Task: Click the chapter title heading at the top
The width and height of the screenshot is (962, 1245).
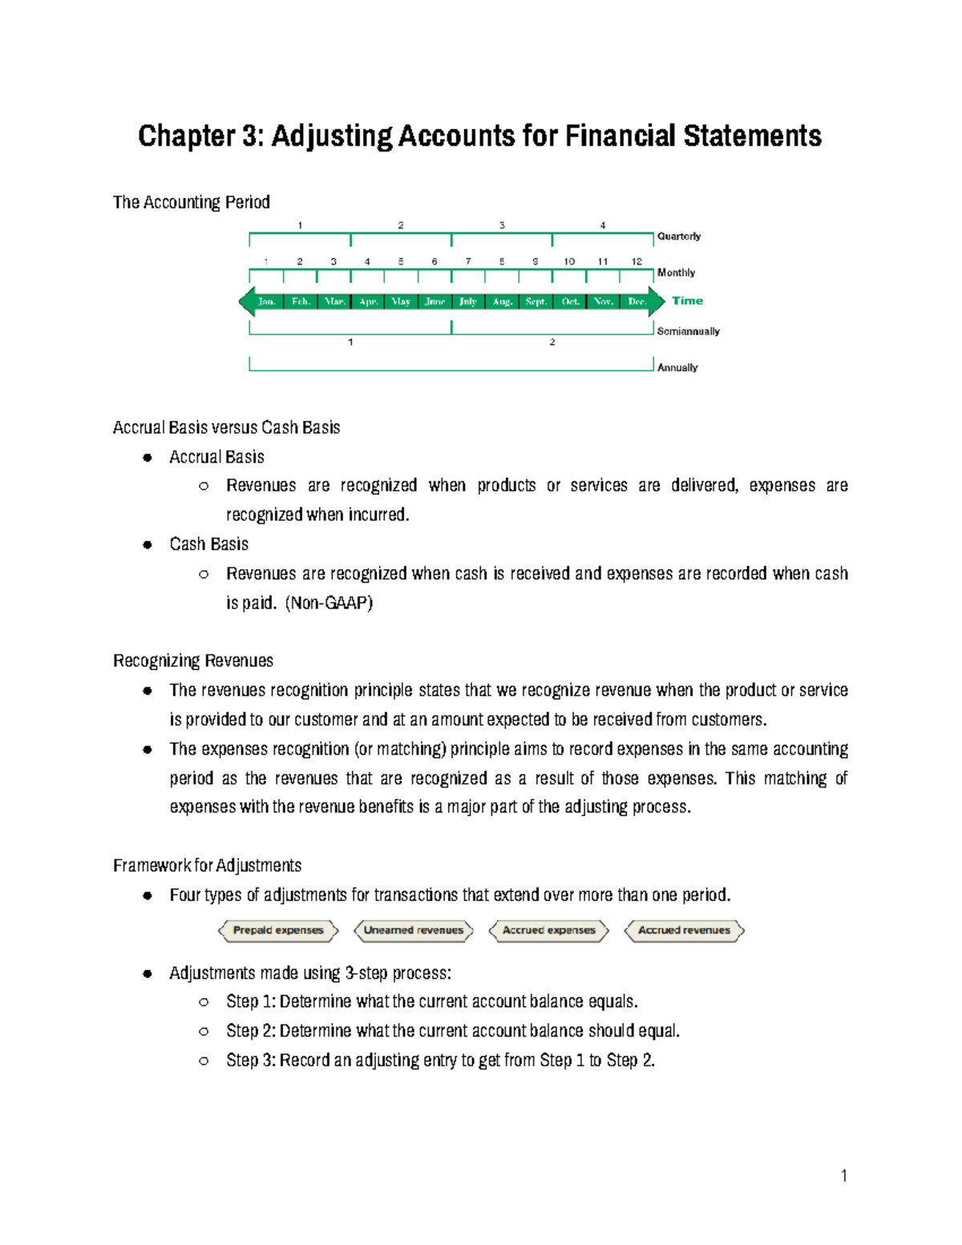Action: click(x=479, y=136)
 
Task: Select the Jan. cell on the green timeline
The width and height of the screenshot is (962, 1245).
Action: click(x=267, y=301)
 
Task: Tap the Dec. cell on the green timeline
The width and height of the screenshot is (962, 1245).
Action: click(x=637, y=301)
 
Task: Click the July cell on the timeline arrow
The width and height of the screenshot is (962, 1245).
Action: click(x=468, y=301)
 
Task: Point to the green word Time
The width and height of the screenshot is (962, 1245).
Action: click(x=687, y=301)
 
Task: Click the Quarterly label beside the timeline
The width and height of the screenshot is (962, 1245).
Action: click(x=678, y=236)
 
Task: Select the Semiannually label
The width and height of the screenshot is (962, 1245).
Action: click(x=688, y=331)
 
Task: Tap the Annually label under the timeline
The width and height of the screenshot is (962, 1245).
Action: click(x=677, y=368)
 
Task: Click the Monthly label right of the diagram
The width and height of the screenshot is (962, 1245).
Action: click(x=676, y=273)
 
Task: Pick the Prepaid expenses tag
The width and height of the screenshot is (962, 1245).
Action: click(x=278, y=931)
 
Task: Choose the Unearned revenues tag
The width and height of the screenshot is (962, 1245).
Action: click(x=414, y=931)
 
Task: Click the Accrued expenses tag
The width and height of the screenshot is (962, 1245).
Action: click(x=549, y=931)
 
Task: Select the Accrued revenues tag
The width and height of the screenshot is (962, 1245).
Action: click(x=685, y=931)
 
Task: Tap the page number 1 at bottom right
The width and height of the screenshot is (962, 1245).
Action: click(x=844, y=1176)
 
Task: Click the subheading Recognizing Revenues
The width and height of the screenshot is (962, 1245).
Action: click(x=193, y=661)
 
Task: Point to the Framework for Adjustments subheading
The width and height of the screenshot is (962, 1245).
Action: click(x=207, y=866)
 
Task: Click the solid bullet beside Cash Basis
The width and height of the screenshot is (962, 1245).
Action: click(x=148, y=545)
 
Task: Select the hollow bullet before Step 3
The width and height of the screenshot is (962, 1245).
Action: click(x=204, y=1061)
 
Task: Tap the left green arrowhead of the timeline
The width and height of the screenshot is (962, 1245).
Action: click(x=246, y=301)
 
